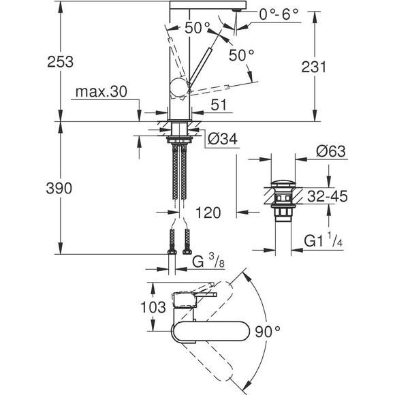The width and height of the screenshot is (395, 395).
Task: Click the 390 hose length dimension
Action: click(x=32, y=189)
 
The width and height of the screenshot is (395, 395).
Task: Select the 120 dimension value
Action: click(x=208, y=213)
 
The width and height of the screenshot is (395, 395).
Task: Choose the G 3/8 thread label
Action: click(x=204, y=261)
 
